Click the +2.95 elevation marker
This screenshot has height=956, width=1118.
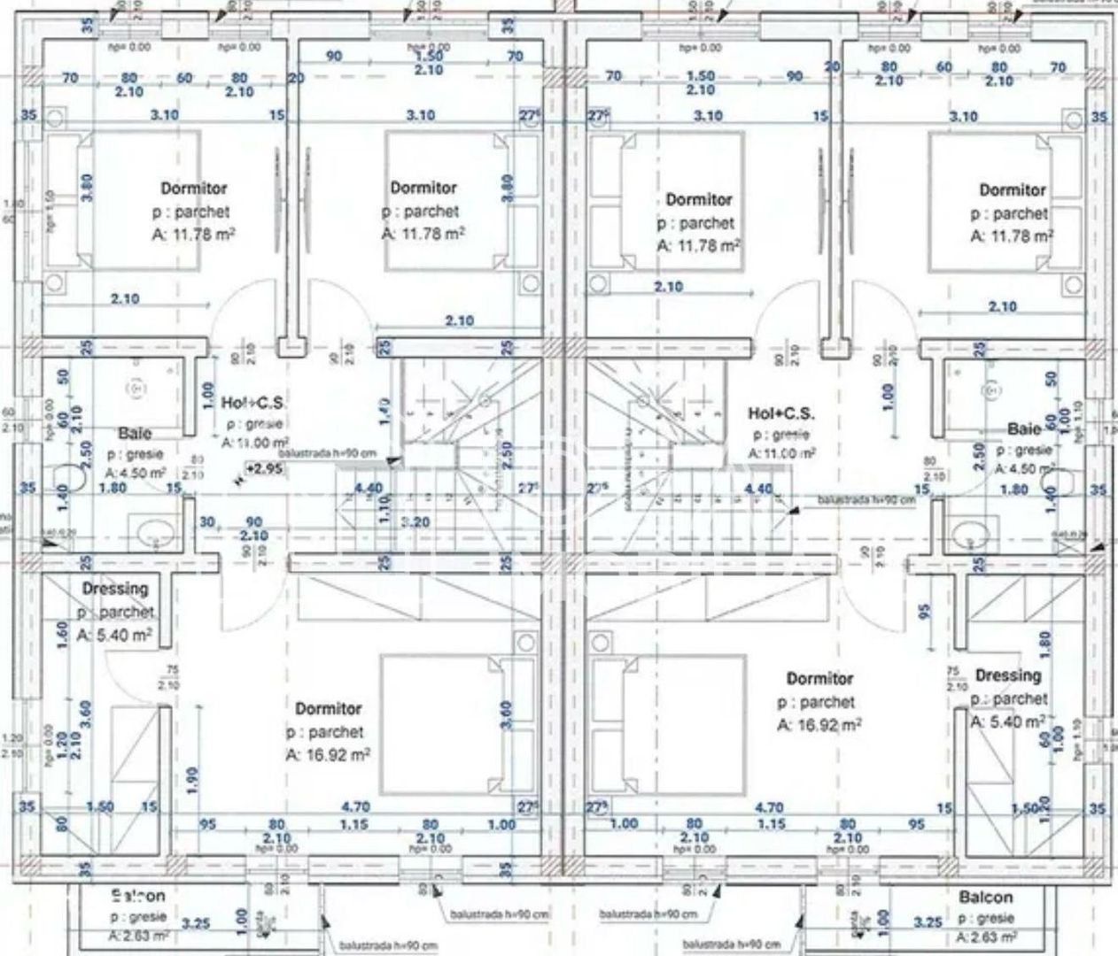[265, 469]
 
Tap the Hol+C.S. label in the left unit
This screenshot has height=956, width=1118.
[253, 403]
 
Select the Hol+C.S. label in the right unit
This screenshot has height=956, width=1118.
[780, 413]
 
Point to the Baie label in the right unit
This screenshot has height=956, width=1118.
[1024, 429]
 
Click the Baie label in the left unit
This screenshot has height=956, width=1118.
[135, 433]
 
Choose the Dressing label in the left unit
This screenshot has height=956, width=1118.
[115, 589]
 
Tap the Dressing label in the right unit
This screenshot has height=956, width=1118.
[1008, 675]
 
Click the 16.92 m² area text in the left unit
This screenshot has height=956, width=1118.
[328, 755]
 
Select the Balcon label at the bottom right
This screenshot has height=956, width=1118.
[985, 898]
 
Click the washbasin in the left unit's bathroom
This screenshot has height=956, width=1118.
[157, 532]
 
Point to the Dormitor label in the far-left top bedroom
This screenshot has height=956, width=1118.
[193, 188]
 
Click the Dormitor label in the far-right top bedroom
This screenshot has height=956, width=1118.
[1012, 189]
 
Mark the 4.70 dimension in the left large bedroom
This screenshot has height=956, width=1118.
[354, 806]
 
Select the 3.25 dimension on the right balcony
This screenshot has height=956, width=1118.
[928, 922]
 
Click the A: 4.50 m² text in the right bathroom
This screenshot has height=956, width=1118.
[1023, 469]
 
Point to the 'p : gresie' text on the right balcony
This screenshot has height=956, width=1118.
[985, 919]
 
